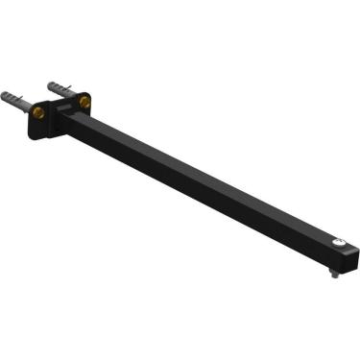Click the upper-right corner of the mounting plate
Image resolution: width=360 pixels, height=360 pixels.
[93, 91]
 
